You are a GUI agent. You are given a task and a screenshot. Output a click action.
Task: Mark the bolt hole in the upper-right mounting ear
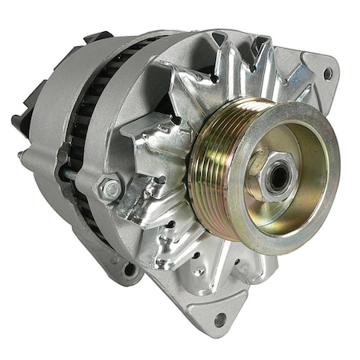click(x=328, y=73)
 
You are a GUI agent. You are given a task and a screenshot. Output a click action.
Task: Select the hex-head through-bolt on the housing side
click(x=111, y=190)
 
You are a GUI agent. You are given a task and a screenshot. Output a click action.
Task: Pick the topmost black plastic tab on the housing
click(x=98, y=37)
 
